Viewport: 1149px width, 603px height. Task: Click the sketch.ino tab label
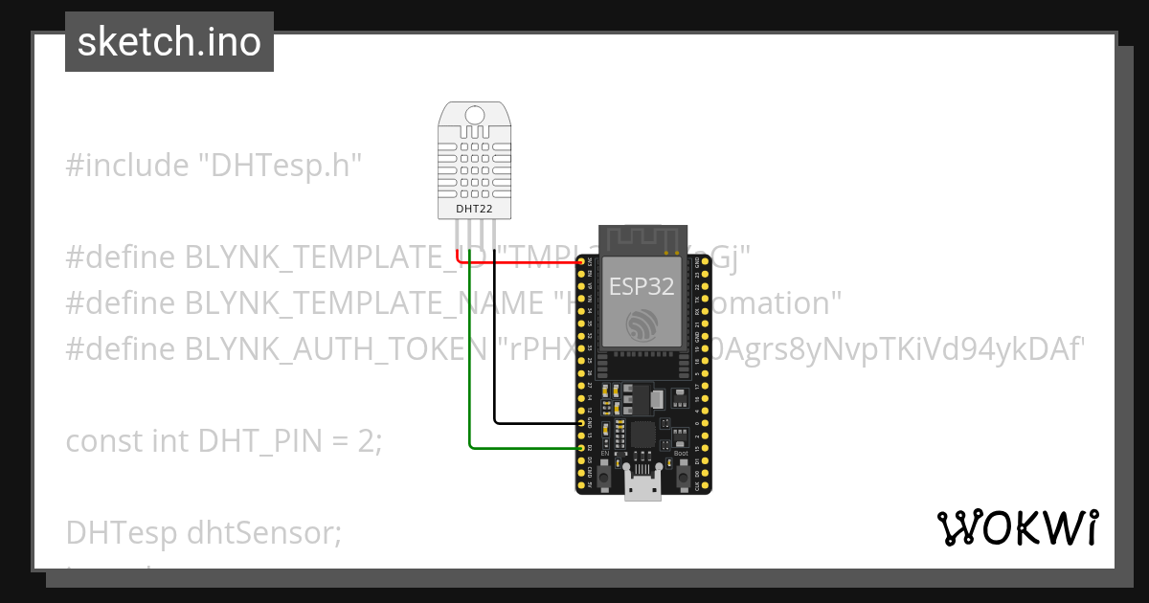click(169, 42)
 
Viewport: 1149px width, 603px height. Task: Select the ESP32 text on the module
click(642, 285)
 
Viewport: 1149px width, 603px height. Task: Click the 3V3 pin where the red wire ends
click(582, 261)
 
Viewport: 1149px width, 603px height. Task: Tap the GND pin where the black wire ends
click(582, 422)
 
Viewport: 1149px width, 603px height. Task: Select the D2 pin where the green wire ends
click(582, 447)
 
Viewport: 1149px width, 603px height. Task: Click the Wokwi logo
click(1017, 528)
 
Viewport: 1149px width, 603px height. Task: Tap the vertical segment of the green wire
click(469, 345)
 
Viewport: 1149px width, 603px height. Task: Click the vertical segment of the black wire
click(494, 335)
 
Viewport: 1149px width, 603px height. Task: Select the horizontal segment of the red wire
click(517, 261)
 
